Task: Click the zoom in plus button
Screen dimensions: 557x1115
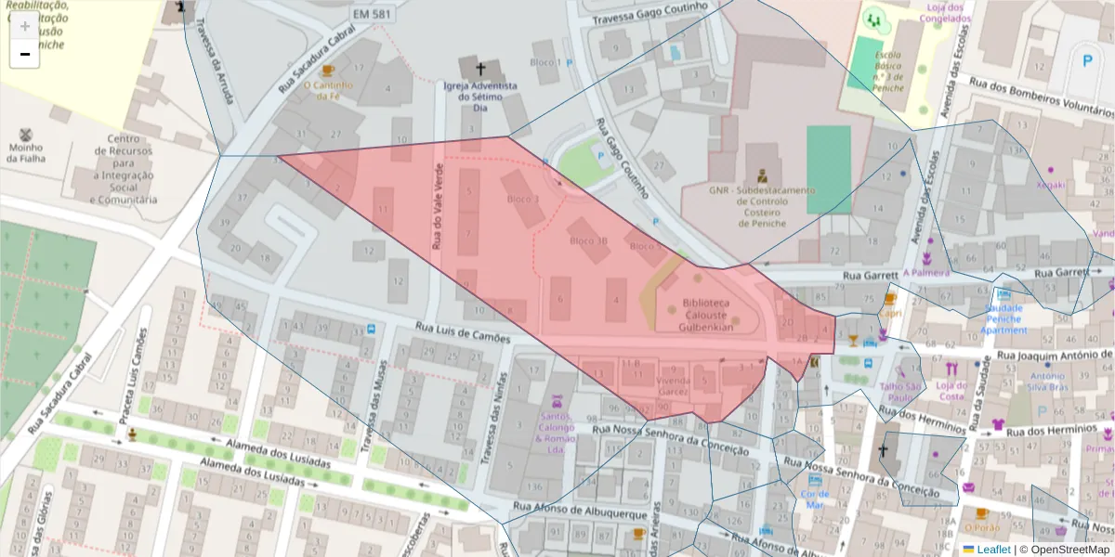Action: (x=24, y=26)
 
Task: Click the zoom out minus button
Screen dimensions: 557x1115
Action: (x=24, y=55)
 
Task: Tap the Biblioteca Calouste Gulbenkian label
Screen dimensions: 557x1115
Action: (x=705, y=315)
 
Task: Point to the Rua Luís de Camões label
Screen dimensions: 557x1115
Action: (x=462, y=331)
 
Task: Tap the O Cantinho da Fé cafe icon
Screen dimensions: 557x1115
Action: (x=326, y=71)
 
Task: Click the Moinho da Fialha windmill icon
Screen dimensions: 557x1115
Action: (x=25, y=134)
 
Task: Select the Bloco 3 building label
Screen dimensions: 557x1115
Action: (x=522, y=199)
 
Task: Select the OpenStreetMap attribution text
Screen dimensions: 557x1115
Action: (x=1064, y=550)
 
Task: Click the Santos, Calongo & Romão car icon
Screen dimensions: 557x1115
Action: (x=557, y=402)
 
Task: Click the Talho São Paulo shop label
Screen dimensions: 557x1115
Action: (x=900, y=392)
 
